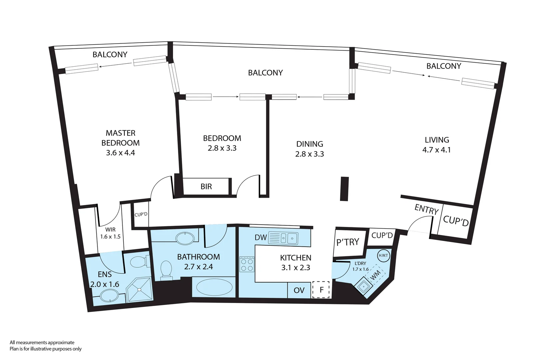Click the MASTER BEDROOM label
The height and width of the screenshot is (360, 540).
tap(120, 138)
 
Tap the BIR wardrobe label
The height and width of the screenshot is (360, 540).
tap(206, 187)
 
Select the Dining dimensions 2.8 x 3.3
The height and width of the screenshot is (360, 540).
tap(309, 154)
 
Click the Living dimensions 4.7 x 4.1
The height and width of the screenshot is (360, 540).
tap(436, 150)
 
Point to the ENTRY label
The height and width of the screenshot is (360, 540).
tap(426, 209)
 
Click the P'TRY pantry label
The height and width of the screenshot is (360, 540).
tap(347, 242)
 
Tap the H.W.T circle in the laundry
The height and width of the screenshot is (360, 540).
tap(383, 256)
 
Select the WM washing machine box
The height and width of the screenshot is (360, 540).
tap(375, 275)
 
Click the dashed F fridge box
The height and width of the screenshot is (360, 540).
tap(321, 290)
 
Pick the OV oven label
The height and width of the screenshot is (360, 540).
tap(299, 290)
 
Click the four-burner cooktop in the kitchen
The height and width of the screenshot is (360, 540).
tap(247, 264)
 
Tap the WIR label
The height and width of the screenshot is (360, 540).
tap(110, 230)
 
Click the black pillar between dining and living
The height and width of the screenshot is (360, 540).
tap(344, 189)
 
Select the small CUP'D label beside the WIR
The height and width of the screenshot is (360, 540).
tap(141, 214)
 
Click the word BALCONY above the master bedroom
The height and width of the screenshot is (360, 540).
tap(110, 55)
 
